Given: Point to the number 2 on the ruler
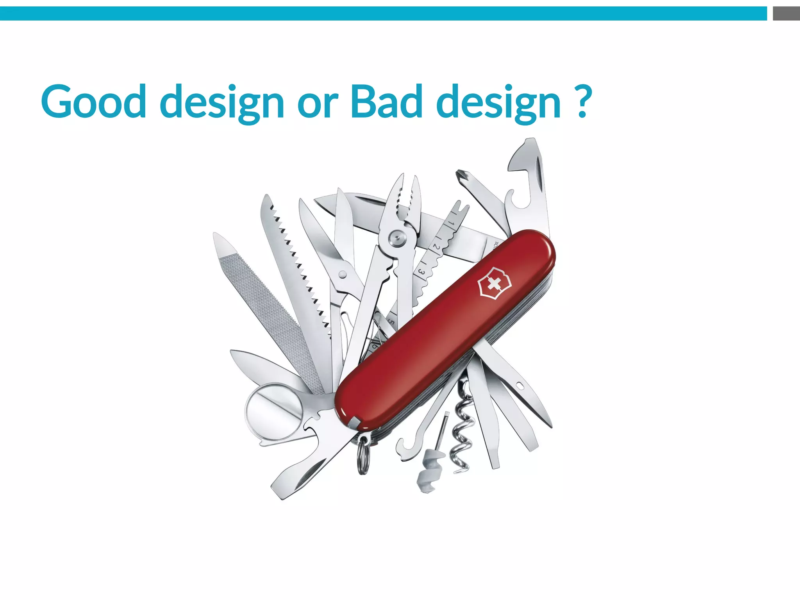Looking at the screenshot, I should click(x=436, y=247).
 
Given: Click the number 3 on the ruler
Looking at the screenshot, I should click(x=421, y=271).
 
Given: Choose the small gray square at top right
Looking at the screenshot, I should click(x=786, y=13).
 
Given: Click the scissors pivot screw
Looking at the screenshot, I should click(x=343, y=274).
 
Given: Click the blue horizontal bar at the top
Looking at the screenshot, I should click(x=383, y=13).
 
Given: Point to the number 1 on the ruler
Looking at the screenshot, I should click(x=451, y=223).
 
